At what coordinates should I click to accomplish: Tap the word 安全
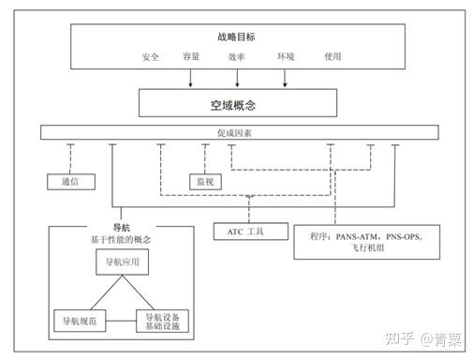coord(151,56)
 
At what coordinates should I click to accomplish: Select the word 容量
coord(191,56)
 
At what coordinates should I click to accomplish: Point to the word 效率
coord(236,56)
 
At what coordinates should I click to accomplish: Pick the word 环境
coord(286,56)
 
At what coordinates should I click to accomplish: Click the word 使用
coord(333,56)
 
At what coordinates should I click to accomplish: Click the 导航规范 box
coord(80,322)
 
